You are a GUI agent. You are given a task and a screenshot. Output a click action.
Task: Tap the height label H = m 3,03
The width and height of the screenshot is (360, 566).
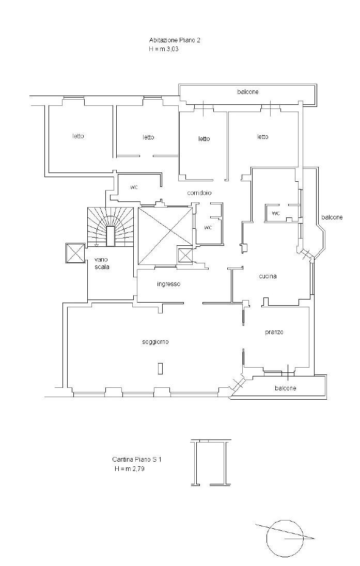[164, 49]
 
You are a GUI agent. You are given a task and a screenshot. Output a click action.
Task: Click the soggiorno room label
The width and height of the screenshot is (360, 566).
[155, 342]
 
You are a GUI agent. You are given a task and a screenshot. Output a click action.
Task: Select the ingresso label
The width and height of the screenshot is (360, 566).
[168, 284]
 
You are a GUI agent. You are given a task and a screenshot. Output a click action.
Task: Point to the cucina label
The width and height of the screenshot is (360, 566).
[268, 276]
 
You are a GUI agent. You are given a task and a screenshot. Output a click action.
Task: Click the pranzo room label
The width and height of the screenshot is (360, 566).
[274, 332]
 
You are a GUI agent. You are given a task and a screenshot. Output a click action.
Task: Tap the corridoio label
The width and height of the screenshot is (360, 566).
[199, 193]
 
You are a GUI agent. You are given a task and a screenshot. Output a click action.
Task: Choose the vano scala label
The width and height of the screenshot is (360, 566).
[102, 263]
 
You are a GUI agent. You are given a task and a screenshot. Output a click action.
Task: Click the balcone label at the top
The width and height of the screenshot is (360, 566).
[248, 92]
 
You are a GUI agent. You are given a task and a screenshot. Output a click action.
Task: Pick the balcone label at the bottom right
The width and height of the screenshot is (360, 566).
[285, 388]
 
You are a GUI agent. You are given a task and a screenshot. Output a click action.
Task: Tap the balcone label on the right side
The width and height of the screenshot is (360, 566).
[332, 217]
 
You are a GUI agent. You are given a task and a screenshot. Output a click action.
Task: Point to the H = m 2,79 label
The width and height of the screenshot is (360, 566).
[129, 469]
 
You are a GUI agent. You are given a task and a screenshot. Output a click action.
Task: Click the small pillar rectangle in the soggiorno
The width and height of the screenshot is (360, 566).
[160, 368]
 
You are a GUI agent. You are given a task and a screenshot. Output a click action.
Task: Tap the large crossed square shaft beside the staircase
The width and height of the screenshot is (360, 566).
[165, 236]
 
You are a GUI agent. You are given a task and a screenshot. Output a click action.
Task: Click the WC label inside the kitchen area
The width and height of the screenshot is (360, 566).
[276, 213]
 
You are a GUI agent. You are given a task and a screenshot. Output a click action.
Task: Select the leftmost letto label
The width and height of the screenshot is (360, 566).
[78, 136]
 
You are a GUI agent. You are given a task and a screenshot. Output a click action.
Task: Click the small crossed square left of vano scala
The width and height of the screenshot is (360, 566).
[75, 254]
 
